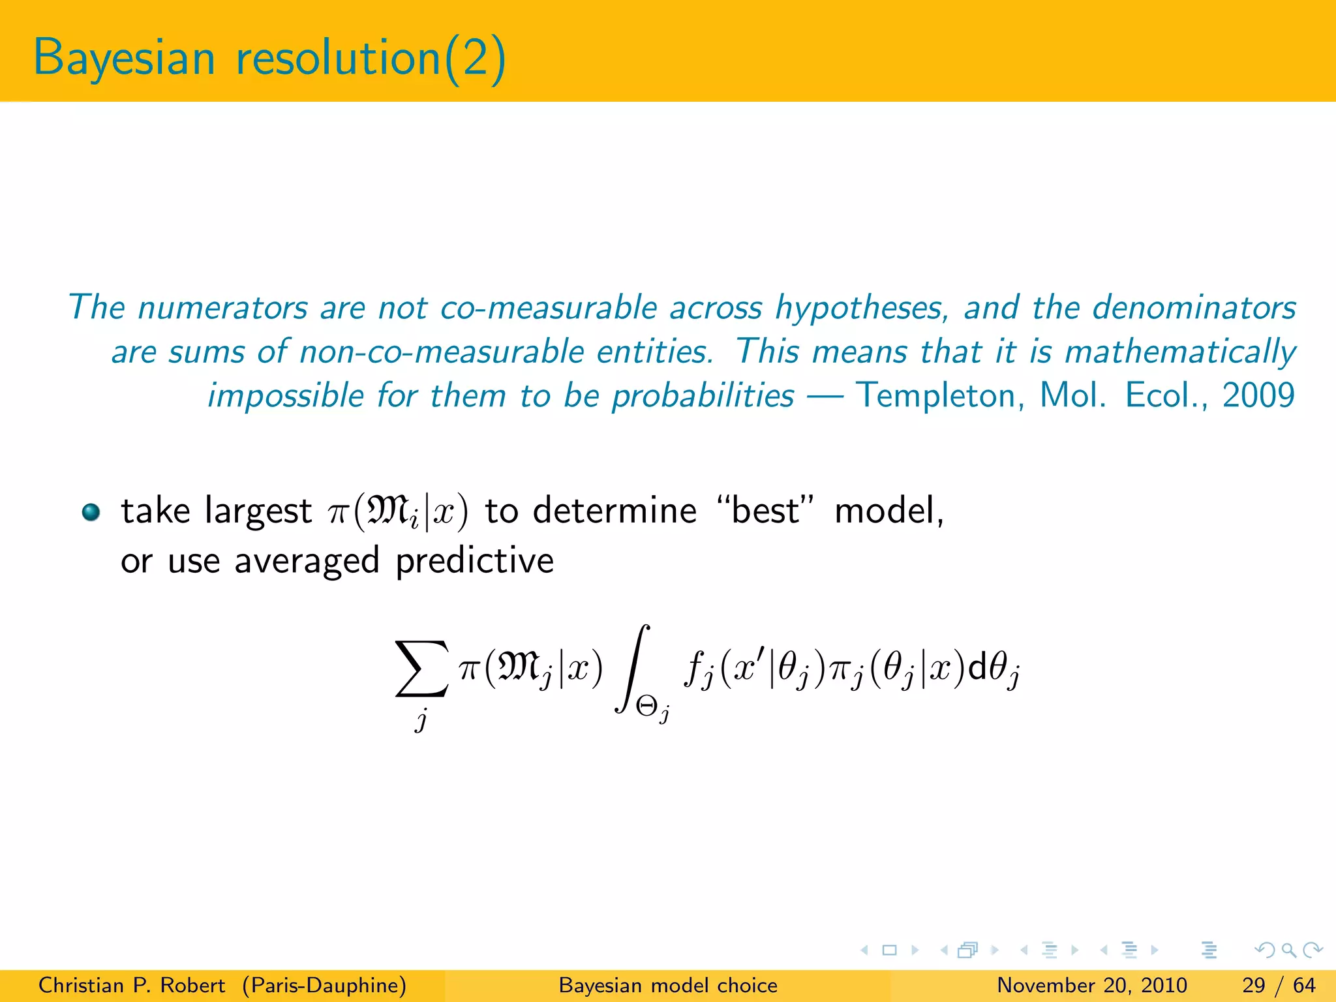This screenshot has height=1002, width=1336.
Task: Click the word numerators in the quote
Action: (x=222, y=307)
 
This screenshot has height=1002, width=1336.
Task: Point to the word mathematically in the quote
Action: (x=1180, y=352)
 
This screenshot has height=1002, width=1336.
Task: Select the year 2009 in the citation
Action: (x=1258, y=396)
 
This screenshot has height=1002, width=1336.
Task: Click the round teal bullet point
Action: (x=91, y=512)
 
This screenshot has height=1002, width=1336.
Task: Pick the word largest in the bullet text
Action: (x=258, y=512)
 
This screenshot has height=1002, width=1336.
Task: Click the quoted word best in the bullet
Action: (x=765, y=511)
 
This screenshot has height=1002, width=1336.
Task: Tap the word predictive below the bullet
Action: (x=475, y=561)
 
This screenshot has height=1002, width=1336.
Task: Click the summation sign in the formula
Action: (x=422, y=669)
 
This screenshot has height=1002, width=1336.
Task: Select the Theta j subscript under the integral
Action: (x=653, y=708)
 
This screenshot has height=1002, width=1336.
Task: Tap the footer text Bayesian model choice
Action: (x=668, y=985)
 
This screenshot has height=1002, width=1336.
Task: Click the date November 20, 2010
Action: (x=1091, y=985)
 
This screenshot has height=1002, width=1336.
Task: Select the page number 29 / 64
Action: (x=1279, y=985)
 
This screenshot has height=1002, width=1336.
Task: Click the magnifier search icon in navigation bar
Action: (x=1288, y=950)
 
